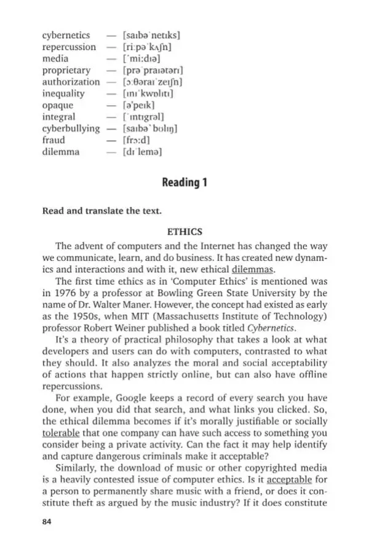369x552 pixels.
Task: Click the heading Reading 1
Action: [x=184, y=183]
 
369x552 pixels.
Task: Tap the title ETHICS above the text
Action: [x=184, y=232]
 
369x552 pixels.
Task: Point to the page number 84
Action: [x=47, y=522]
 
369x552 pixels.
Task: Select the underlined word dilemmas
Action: [x=253, y=269]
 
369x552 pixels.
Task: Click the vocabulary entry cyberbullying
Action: [x=71, y=128]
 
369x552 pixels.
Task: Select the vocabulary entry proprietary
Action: [x=66, y=71]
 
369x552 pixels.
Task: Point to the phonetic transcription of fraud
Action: [x=138, y=140]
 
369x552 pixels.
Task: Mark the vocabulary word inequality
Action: [x=63, y=94]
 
